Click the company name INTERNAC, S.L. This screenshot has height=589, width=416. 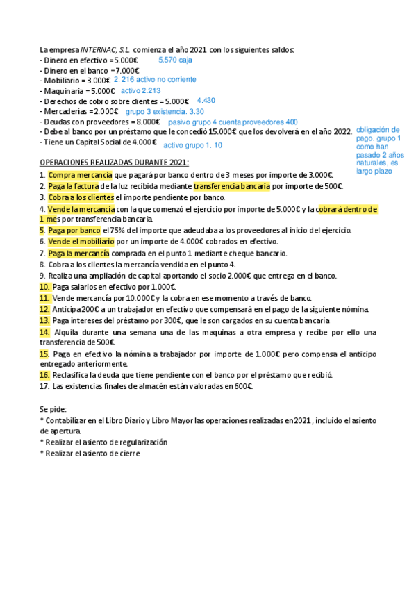[105, 51]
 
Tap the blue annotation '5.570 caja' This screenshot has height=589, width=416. [175, 60]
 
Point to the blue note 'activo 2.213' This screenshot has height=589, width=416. [141, 90]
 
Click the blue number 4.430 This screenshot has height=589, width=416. [206, 101]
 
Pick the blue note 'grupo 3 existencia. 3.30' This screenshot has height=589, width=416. [165, 111]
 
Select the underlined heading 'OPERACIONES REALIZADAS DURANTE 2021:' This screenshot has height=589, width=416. [115, 163]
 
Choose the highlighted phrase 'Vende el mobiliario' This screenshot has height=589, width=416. [78, 242]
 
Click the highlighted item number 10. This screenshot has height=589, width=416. [44, 287]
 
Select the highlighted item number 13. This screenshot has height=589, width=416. [44, 320]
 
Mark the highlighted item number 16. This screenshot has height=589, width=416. [44, 375]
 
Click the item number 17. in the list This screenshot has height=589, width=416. [45, 386]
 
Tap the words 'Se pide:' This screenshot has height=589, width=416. [54, 409]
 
